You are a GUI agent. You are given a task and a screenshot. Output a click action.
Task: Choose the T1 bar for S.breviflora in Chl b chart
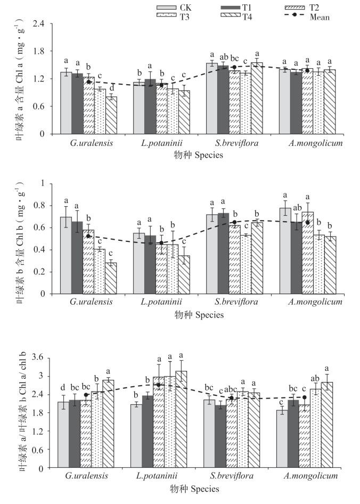pyautogui.click(x=223, y=253)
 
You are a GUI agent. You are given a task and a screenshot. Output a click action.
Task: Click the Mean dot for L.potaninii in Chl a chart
pyautogui.click(x=161, y=85)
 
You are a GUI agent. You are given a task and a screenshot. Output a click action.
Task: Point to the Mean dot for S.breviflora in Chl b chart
pyautogui.click(x=234, y=222)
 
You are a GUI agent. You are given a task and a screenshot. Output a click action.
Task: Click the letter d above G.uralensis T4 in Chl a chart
pyautogui.click(x=111, y=88)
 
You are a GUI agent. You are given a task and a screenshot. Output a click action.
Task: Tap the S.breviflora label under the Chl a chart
pyautogui.click(x=234, y=144)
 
